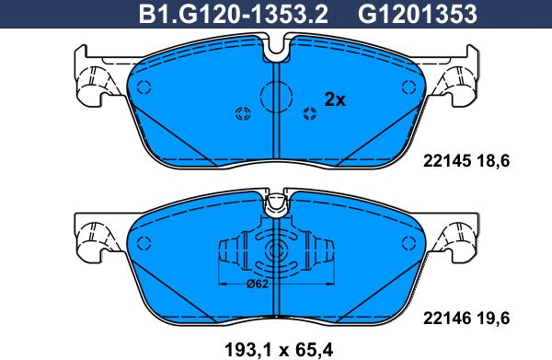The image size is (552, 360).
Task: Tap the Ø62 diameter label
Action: (259, 285)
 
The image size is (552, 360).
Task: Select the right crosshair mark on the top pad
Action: (309, 113)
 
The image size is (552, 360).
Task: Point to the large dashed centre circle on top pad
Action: (277, 95)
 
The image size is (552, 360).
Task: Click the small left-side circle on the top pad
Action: (144, 84)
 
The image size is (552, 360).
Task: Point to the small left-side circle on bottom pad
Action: (144, 241)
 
